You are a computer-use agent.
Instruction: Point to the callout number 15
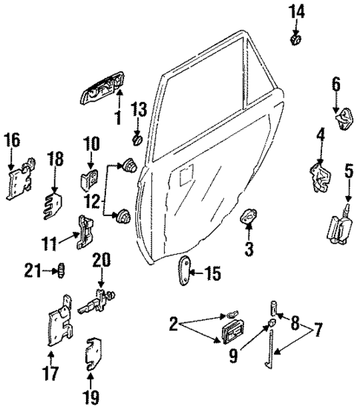pos(212,274)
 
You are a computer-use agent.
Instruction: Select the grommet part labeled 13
pos(137,138)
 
